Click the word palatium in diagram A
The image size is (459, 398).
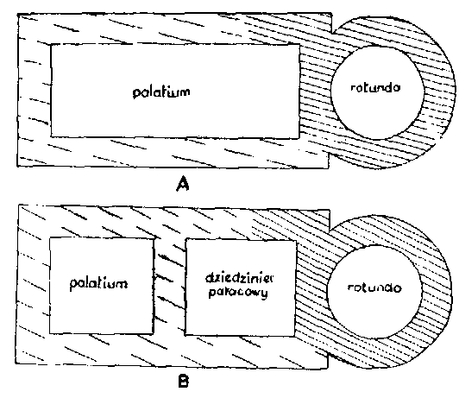pyautogui.click(x=161, y=92)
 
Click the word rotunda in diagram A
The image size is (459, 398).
pyautogui.click(x=375, y=87)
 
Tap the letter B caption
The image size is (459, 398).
pyautogui.click(x=184, y=382)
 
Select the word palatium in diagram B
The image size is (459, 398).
pyautogui.click(x=98, y=283)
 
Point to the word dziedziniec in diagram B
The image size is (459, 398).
pyautogui.click(x=239, y=278)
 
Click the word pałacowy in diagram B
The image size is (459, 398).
pyautogui.click(x=238, y=293)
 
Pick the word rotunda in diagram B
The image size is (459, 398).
pyautogui.click(x=374, y=287)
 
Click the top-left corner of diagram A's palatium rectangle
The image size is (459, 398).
pyautogui.click(x=51, y=45)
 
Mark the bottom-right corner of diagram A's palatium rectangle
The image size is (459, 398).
pyautogui.click(x=299, y=137)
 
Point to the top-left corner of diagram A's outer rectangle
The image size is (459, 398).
pyautogui.click(x=18, y=14)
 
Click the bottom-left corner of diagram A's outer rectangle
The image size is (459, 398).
pyautogui.click(x=17, y=167)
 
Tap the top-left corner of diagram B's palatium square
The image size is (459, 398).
pyautogui.click(x=50, y=238)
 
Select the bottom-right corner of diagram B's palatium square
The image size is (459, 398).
pyautogui.click(x=153, y=333)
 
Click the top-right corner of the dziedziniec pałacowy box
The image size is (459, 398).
pyautogui.click(x=297, y=241)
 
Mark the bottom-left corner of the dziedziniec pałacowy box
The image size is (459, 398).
pyautogui.click(x=185, y=334)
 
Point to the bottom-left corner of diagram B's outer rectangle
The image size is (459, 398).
pyautogui.click(x=16, y=363)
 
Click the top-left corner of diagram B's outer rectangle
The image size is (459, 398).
pyautogui.click(x=19, y=205)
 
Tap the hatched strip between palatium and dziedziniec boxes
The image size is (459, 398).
pyautogui.click(x=169, y=286)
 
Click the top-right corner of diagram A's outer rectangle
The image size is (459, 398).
pyautogui.click(x=331, y=14)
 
